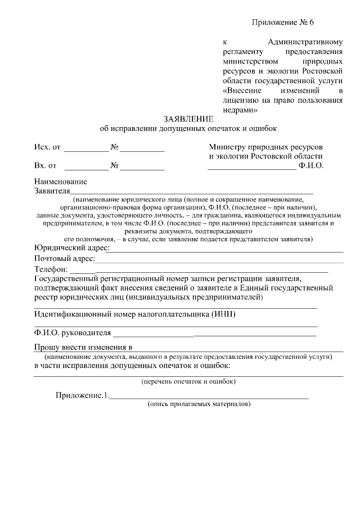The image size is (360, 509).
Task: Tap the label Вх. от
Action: tap(46, 166)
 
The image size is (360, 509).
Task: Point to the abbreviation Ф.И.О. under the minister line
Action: tap(311, 166)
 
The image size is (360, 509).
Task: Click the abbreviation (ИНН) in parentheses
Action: tap(223, 314)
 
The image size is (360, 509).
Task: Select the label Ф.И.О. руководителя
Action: tap(73, 332)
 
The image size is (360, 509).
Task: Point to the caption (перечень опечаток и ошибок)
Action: tap(188, 381)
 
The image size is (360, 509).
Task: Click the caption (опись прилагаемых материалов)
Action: tap(199, 404)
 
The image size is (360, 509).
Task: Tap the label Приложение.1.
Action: tap(82, 395)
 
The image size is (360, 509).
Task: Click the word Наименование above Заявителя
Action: tap(60, 182)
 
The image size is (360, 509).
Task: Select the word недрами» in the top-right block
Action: tap(241, 110)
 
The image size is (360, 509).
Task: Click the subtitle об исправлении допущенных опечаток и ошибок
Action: tap(188, 129)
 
